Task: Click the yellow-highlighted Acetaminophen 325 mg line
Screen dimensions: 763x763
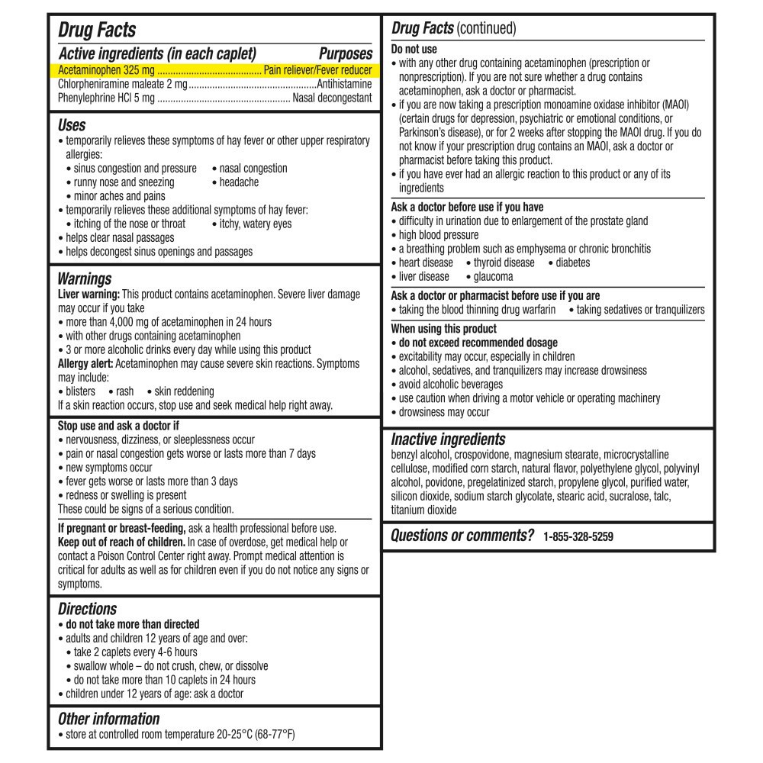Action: pos(215,70)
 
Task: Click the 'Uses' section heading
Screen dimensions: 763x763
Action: pos(72,125)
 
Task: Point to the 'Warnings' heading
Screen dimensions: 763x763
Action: pos(84,278)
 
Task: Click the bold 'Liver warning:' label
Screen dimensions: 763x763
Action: pos(89,294)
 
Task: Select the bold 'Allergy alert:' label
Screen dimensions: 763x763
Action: pos(88,363)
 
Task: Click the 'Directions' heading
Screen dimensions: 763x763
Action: pos(87,609)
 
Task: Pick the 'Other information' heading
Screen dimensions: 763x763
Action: pos(108,719)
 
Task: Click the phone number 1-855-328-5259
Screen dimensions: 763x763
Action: pos(578,536)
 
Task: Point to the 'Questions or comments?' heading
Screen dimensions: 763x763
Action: pos(462,536)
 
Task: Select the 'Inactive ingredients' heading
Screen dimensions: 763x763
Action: pos(448,439)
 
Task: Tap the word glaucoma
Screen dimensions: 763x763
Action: pos(493,276)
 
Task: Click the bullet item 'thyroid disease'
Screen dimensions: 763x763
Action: pos(504,262)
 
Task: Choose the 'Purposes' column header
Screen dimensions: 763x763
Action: pos(345,54)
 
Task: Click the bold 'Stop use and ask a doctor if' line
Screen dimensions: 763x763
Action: pos(118,426)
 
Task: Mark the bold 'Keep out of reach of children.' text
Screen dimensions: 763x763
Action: pos(121,542)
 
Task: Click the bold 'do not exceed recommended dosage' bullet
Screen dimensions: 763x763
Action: pos(478,343)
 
